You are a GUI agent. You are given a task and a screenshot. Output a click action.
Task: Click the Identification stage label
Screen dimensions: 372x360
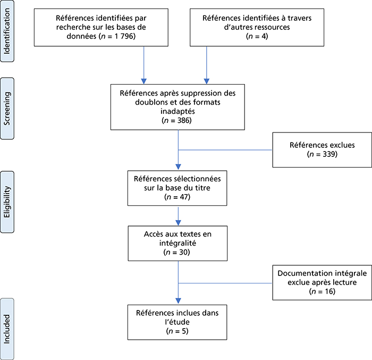(x=7, y=31)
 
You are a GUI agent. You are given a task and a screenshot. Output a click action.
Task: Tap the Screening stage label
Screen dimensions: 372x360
(x=7, y=108)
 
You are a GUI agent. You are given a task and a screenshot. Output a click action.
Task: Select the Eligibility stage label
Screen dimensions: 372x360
(x=7, y=202)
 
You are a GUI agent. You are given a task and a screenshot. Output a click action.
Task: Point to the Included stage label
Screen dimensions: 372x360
(x=7, y=329)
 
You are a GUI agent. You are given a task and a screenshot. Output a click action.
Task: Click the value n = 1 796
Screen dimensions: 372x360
(x=117, y=36)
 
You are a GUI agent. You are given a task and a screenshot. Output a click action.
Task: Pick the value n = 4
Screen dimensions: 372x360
(x=257, y=36)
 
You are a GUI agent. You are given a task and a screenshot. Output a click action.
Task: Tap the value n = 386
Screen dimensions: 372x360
(x=177, y=120)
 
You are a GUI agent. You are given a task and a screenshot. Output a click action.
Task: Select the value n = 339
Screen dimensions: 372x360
(x=322, y=154)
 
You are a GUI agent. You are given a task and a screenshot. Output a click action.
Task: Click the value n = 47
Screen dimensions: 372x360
(x=177, y=197)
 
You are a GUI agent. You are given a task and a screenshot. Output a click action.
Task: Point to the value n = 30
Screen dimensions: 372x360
(x=177, y=252)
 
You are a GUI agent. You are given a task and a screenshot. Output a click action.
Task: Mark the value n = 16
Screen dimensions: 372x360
(x=322, y=291)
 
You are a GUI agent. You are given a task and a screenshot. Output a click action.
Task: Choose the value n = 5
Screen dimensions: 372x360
(x=177, y=331)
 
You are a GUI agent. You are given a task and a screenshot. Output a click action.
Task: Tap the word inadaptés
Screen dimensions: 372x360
(x=177, y=111)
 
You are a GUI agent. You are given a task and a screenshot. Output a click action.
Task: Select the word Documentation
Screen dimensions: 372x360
(x=302, y=273)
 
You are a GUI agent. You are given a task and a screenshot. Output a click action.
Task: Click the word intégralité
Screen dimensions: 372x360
(x=177, y=243)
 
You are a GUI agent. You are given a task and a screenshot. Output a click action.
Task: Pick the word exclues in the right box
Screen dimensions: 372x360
(x=342, y=145)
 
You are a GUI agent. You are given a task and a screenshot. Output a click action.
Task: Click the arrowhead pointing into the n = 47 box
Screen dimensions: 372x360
(x=178, y=166)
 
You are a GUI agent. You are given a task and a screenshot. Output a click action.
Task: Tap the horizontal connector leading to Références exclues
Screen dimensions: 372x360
(x=225, y=150)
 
